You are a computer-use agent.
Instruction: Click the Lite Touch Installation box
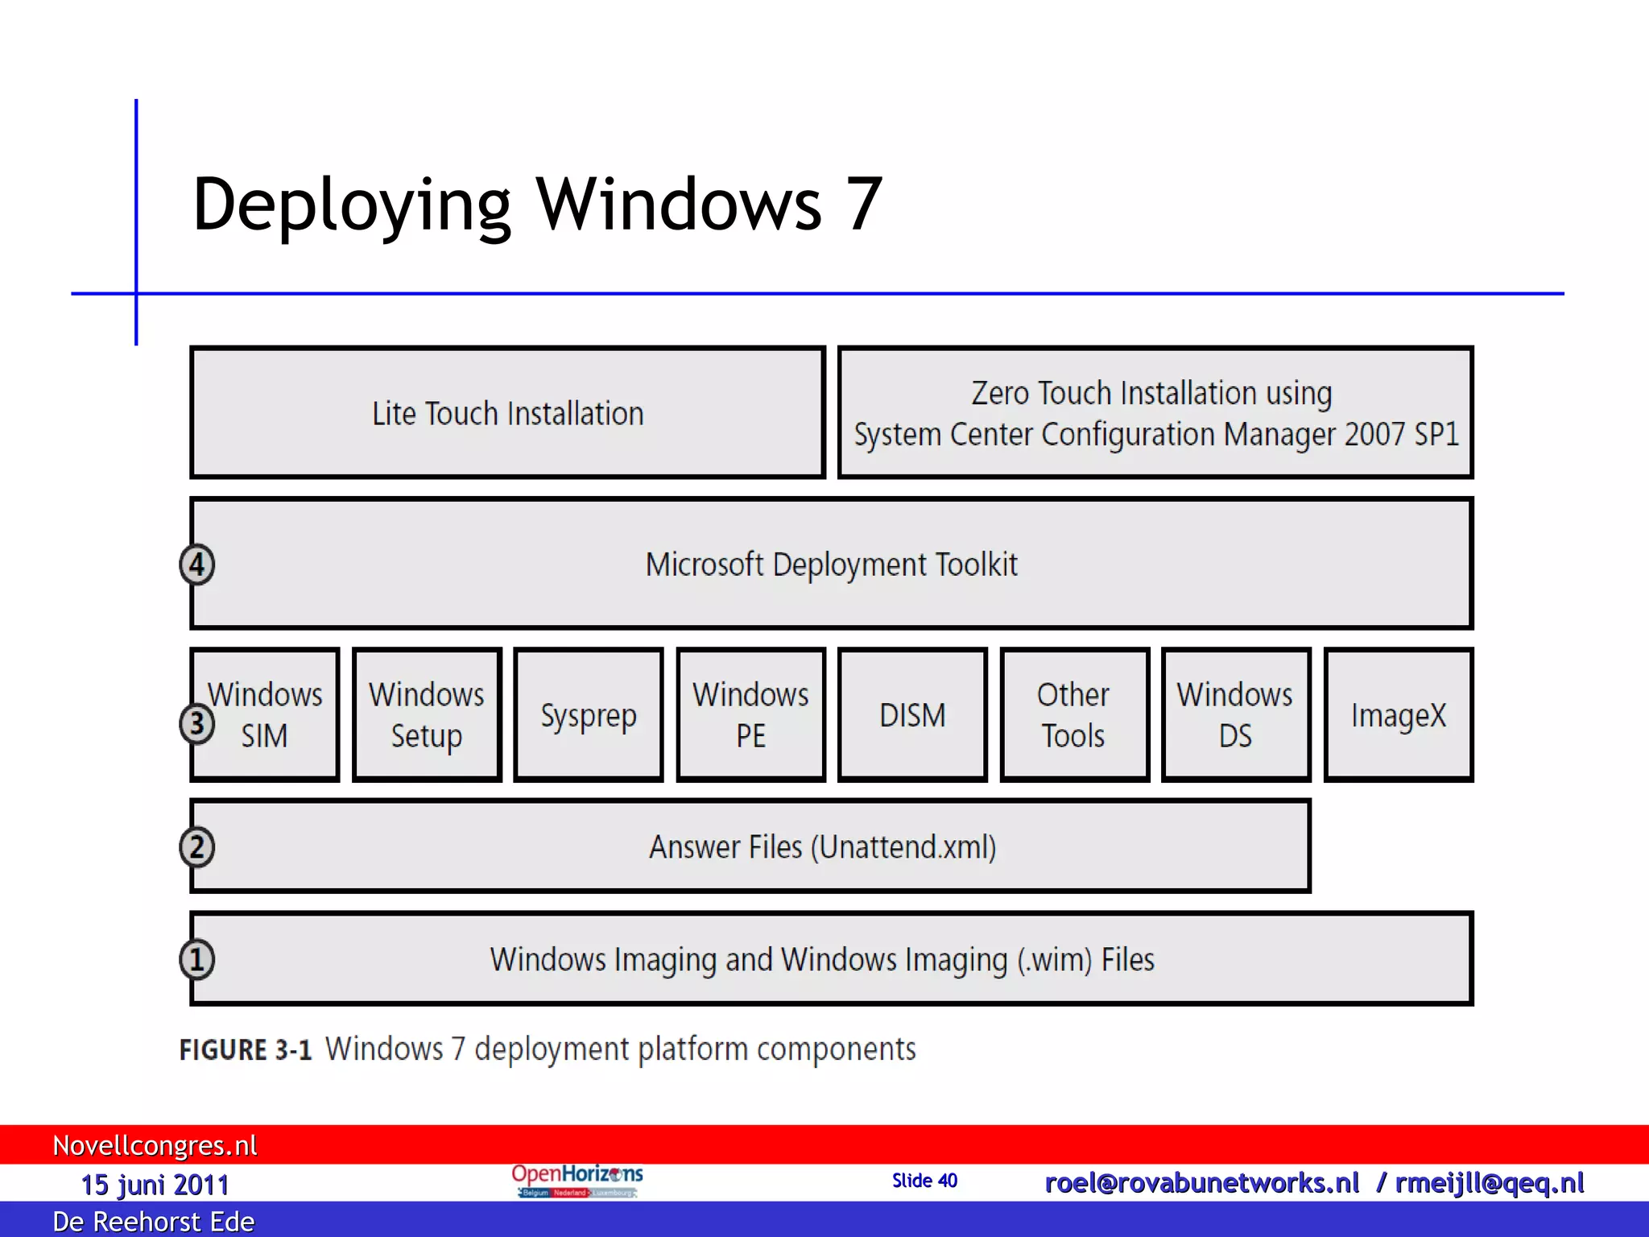coord(507,413)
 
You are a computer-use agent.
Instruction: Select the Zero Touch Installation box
coord(1155,413)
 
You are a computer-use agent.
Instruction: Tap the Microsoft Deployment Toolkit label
coord(831,565)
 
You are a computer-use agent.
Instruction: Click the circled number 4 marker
coord(197,565)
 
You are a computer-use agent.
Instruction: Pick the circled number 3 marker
coord(197,723)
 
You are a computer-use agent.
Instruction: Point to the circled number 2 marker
coord(197,847)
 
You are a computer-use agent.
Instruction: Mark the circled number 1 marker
coord(197,959)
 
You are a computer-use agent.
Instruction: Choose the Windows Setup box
coord(427,715)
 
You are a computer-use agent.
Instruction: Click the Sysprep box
coord(589,715)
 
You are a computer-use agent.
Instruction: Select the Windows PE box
coord(750,715)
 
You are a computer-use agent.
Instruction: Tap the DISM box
coord(912,715)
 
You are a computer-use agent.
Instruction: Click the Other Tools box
coord(1074,715)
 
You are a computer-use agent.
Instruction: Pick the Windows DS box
coord(1236,715)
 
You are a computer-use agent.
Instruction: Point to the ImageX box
coord(1399,715)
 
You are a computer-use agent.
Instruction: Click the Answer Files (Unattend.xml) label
coord(823,847)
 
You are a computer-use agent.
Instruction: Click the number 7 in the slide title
coord(864,205)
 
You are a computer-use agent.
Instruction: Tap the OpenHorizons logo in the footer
coord(577,1181)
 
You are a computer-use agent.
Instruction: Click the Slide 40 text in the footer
coord(924,1181)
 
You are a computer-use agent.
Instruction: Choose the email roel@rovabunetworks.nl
coord(1201,1183)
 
